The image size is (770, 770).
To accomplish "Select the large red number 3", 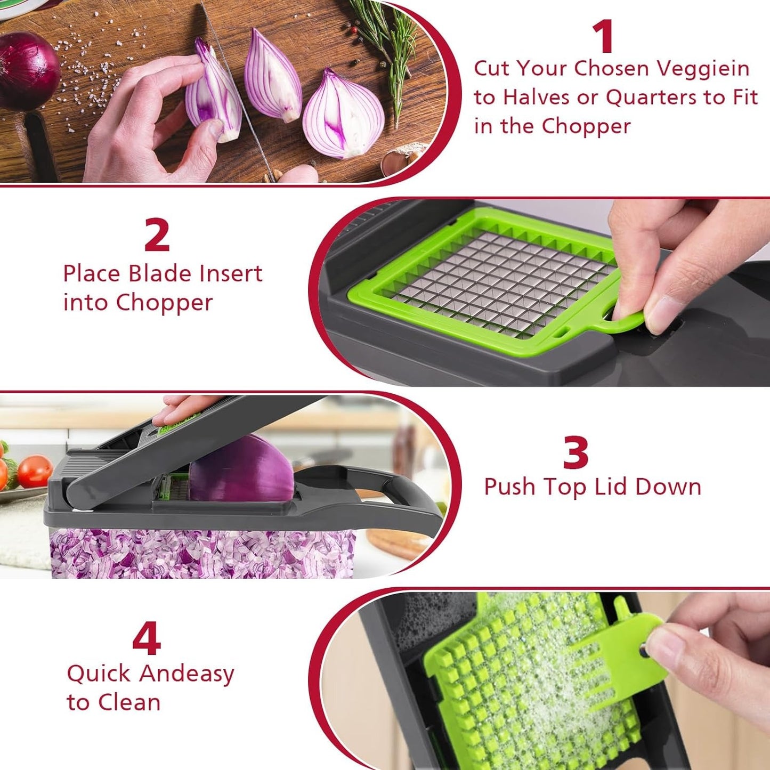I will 576,453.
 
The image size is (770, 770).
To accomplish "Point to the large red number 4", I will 147,639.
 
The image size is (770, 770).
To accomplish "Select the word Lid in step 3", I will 611,487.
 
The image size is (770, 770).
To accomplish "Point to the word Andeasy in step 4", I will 187,674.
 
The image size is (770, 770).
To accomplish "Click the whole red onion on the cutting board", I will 27,69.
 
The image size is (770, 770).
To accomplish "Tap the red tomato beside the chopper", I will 35,471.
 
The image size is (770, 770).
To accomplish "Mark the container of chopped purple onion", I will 202,554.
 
